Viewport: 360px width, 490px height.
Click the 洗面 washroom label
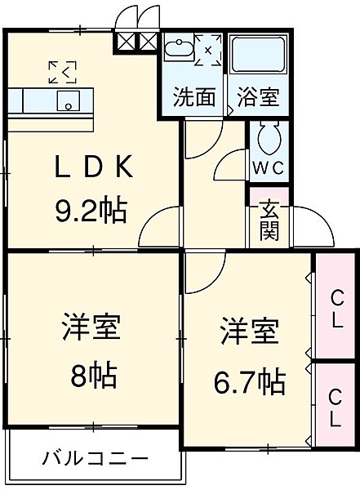pos(193,98)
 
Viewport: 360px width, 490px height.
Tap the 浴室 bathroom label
pos(258,98)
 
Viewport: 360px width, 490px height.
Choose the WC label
pos(266,167)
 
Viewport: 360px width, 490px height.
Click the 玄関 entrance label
pos(270,220)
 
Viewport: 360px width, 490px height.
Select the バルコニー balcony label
pos(95,458)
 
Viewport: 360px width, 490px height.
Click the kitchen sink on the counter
pos(69,102)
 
